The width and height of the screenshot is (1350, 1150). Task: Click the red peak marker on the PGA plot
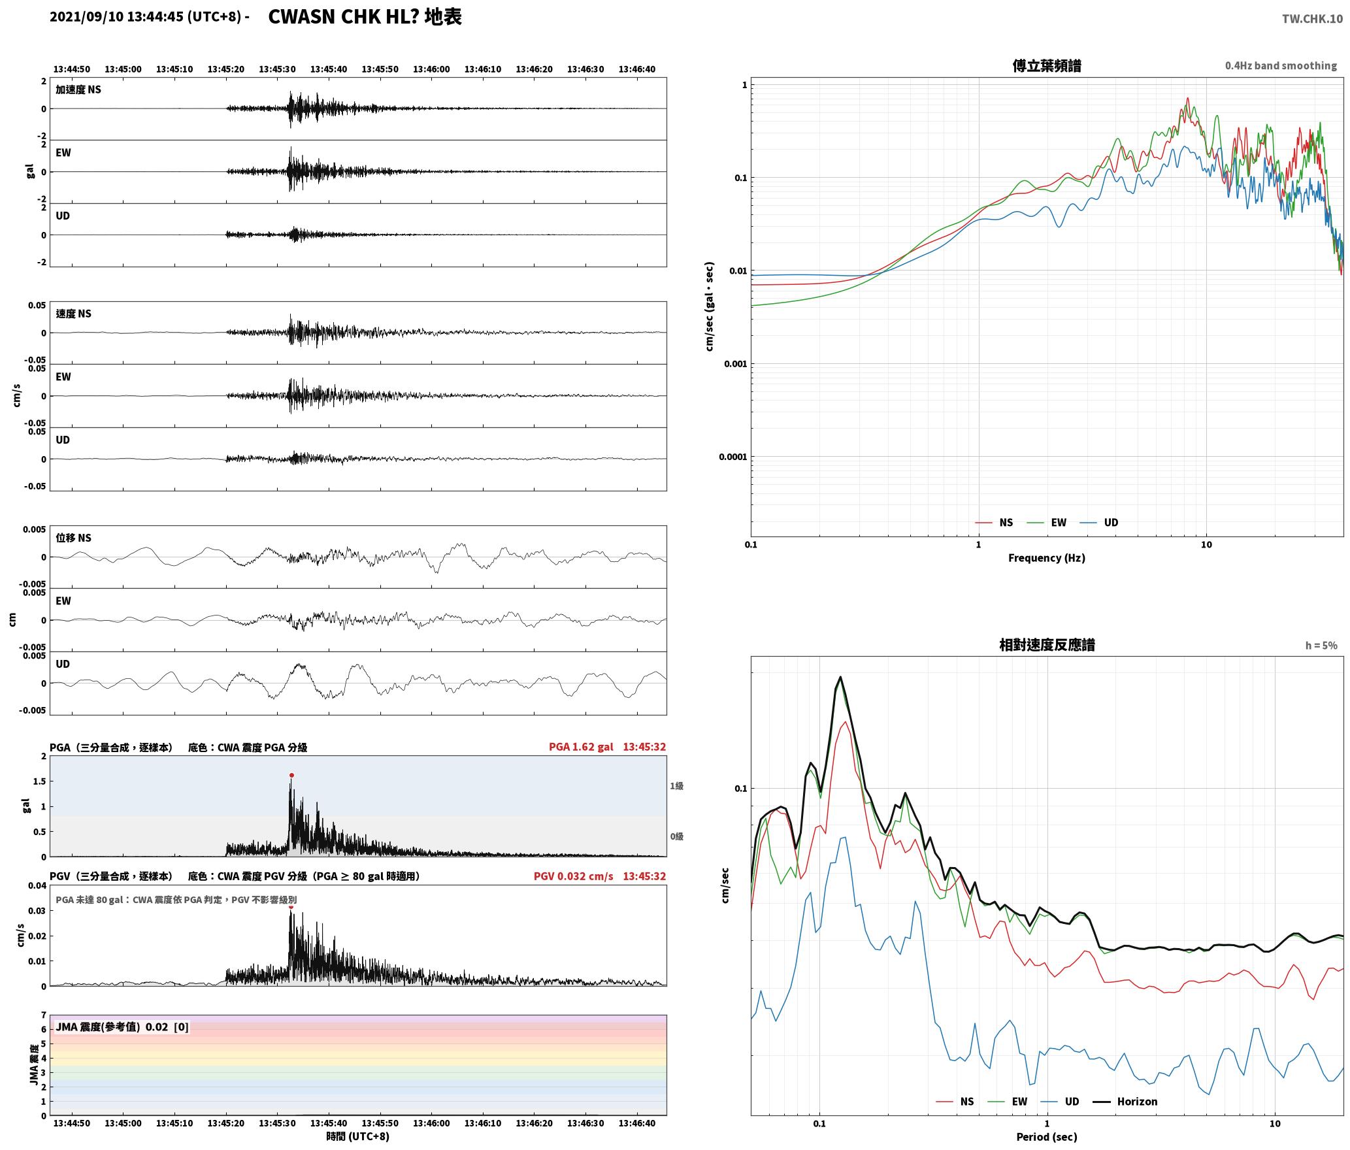(x=291, y=775)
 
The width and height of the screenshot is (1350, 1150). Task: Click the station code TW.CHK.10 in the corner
(x=1312, y=19)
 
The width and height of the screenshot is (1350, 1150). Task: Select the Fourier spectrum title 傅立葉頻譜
(x=1046, y=65)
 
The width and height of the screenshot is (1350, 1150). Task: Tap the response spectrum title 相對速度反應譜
(x=1047, y=645)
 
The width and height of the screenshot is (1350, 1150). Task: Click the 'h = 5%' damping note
(x=1321, y=646)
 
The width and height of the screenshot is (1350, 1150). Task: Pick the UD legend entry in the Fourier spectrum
(x=1099, y=522)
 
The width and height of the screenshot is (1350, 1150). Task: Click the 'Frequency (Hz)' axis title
(x=1046, y=557)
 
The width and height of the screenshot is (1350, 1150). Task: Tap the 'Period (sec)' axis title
(x=1046, y=1137)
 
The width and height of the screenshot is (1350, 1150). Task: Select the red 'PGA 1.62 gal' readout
(x=581, y=747)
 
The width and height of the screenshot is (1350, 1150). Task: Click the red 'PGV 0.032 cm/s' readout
(x=573, y=876)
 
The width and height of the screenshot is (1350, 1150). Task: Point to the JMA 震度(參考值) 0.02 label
(x=122, y=1027)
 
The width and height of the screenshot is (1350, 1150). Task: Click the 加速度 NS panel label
(x=78, y=90)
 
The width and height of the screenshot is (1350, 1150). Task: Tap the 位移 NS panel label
(x=73, y=538)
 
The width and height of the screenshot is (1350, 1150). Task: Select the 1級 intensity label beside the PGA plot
(x=676, y=786)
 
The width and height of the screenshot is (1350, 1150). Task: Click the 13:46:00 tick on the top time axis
(x=431, y=69)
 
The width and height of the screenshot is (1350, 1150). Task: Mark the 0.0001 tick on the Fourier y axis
(x=732, y=457)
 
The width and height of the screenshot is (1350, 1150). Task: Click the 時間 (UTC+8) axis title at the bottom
(x=358, y=1136)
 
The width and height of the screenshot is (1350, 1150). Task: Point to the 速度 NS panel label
(x=73, y=314)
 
